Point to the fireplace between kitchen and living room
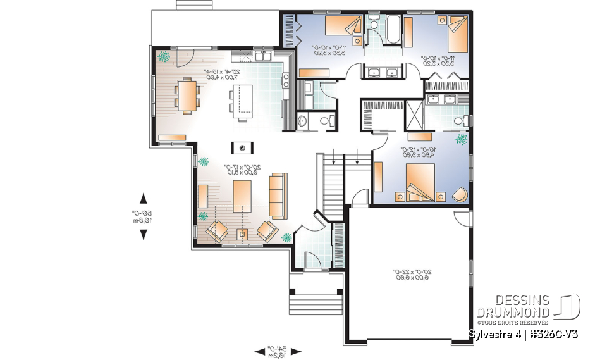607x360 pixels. [242, 148]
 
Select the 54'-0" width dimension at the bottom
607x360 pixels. [279, 351]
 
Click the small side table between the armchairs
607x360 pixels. [242, 234]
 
